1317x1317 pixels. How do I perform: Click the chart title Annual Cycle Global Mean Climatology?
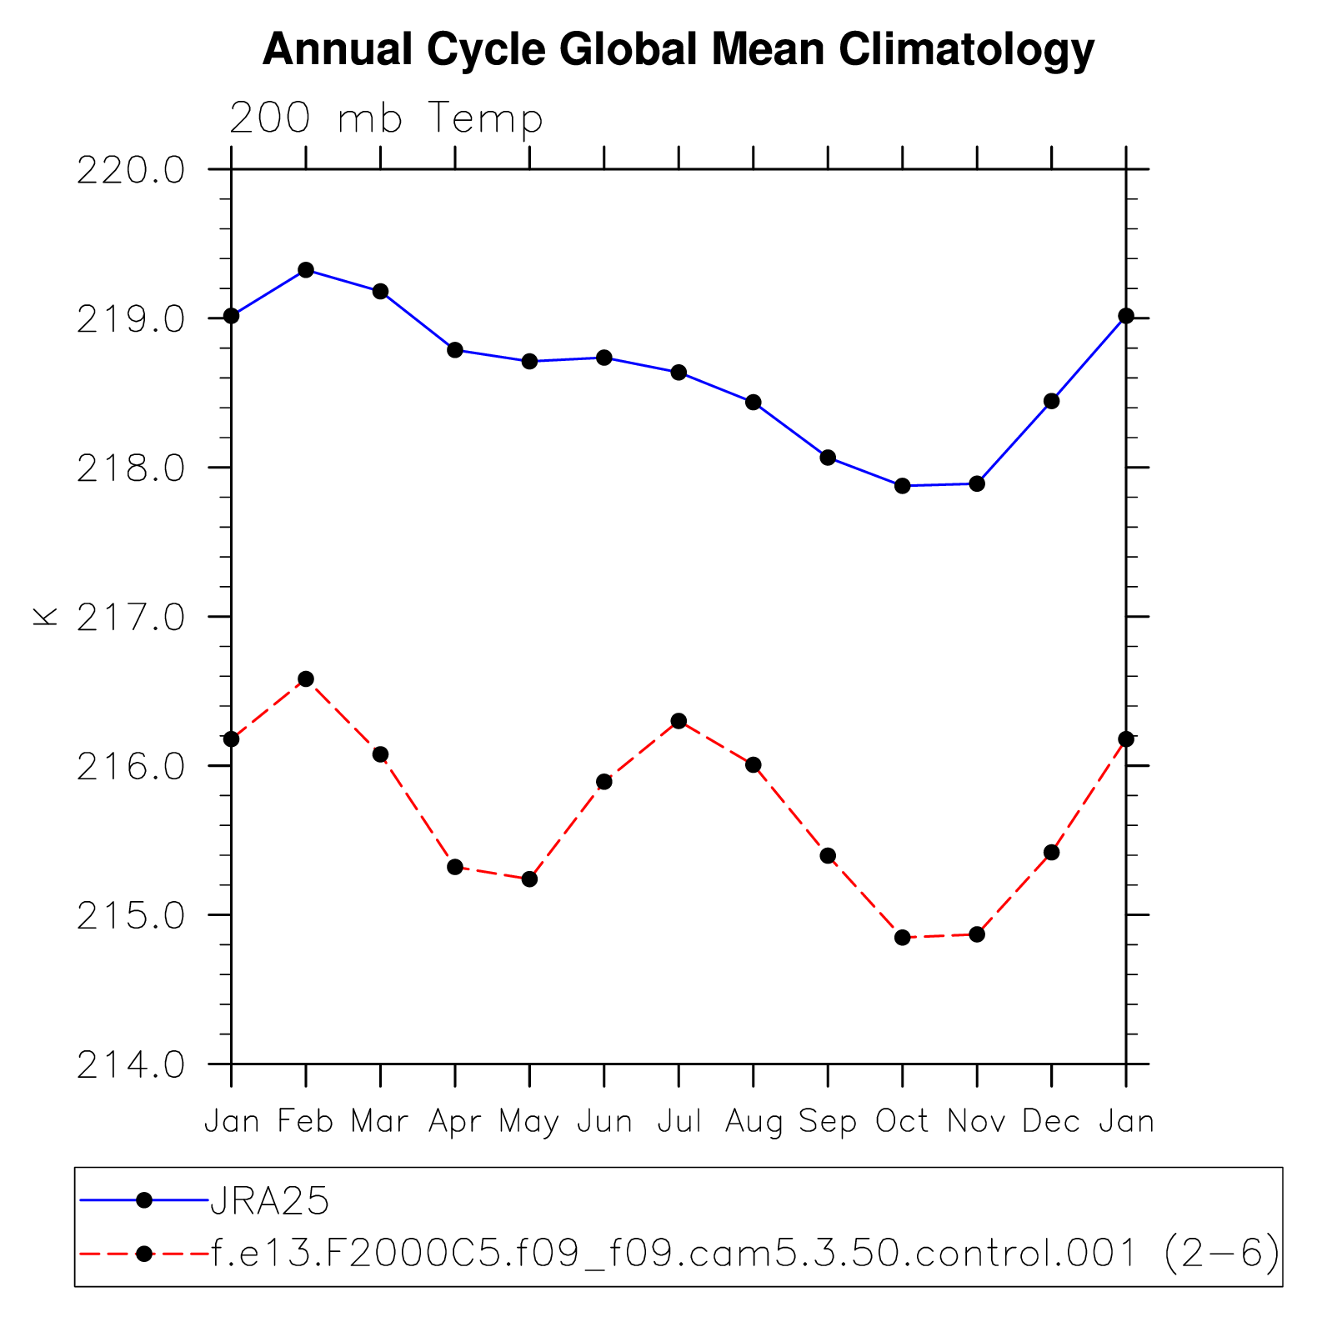[678, 49]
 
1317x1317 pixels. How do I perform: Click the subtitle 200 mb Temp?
[386, 118]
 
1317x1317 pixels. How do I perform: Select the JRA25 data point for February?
[306, 270]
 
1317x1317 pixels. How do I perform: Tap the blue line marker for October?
[902, 486]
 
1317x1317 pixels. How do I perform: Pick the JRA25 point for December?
[1051, 401]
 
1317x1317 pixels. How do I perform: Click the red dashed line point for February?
[306, 679]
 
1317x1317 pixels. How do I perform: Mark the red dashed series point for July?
[679, 721]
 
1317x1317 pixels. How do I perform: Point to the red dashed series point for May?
[529, 879]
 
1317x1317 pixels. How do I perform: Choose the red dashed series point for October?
[902, 938]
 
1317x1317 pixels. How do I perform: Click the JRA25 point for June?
[604, 358]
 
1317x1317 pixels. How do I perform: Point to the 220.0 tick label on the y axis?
[131, 171]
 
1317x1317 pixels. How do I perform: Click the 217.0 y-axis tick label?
[131, 618]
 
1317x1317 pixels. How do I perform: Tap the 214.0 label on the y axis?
[131, 1065]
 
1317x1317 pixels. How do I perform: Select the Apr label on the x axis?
[455, 1122]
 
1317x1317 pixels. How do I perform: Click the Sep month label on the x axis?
[828, 1122]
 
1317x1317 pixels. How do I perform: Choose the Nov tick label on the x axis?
[976, 1121]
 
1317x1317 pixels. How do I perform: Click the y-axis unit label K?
[45, 616]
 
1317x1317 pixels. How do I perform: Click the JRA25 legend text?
[270, 1201]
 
